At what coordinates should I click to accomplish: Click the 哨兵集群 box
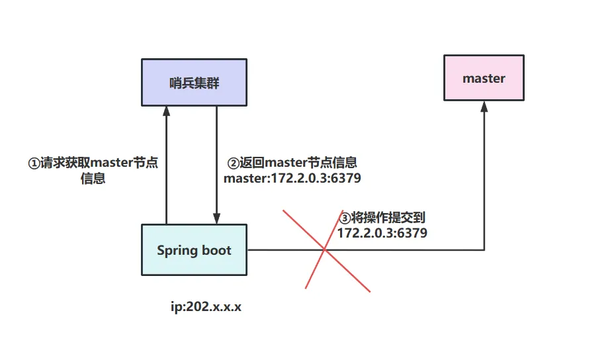(x=194, y=82)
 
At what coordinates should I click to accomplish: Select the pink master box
(x=484, y=79)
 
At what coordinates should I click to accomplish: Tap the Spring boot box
(x=194, y=250)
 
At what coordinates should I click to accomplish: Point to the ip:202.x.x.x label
(x=206, y=308)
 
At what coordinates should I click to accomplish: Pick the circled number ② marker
(x=233, y=163)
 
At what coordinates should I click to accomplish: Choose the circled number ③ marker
(x=344, y=218)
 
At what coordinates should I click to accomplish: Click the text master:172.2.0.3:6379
(x=292, y=178)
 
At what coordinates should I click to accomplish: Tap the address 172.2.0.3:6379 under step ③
(x=382, y=233)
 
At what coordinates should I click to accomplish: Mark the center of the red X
(x=325, y=249)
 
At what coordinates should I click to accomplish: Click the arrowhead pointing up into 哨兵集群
(x=166, y=111)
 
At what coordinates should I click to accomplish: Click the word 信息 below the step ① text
(x=93, y=179)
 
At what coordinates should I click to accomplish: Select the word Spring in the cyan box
(x=177, y=250)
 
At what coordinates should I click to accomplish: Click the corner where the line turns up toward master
(x=484, y=250)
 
